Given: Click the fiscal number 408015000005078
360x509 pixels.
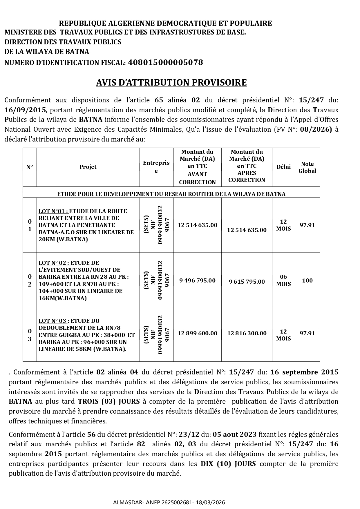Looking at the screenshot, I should (x=165, y=62).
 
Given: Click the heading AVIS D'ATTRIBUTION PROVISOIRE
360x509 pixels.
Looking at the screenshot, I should (x=171, y=83).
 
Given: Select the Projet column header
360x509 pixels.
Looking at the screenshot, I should (x=88, y=167).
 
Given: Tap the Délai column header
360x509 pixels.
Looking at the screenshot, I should (x=283, y=167).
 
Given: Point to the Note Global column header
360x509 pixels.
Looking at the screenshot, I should (x=307, y=168).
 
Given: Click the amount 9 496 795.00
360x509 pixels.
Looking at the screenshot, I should (x=197, y=280).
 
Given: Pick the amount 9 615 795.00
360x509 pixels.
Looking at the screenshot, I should (x=247, y=282).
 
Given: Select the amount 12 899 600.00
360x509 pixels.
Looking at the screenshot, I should (x=197, y=334).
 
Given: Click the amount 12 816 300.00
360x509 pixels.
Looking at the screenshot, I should (x=247, y=334).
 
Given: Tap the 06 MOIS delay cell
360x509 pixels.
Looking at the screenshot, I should (x=283, y=280).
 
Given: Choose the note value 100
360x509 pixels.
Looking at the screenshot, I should (x=307, y=280).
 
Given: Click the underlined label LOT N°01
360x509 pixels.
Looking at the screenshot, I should (x=53, y=211).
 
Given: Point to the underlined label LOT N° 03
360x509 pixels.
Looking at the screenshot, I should (x=53, y=321).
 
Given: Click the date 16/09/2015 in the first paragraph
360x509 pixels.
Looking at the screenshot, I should (x=25, y=110).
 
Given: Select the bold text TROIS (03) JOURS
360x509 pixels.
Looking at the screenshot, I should (x=109, y=402).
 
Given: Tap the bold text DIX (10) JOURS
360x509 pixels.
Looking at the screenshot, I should (x=228, y=464).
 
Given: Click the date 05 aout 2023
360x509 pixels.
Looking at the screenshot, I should (x=234, y=434).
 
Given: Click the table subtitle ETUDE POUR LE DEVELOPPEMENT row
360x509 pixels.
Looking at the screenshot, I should (x=171, y=194).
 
